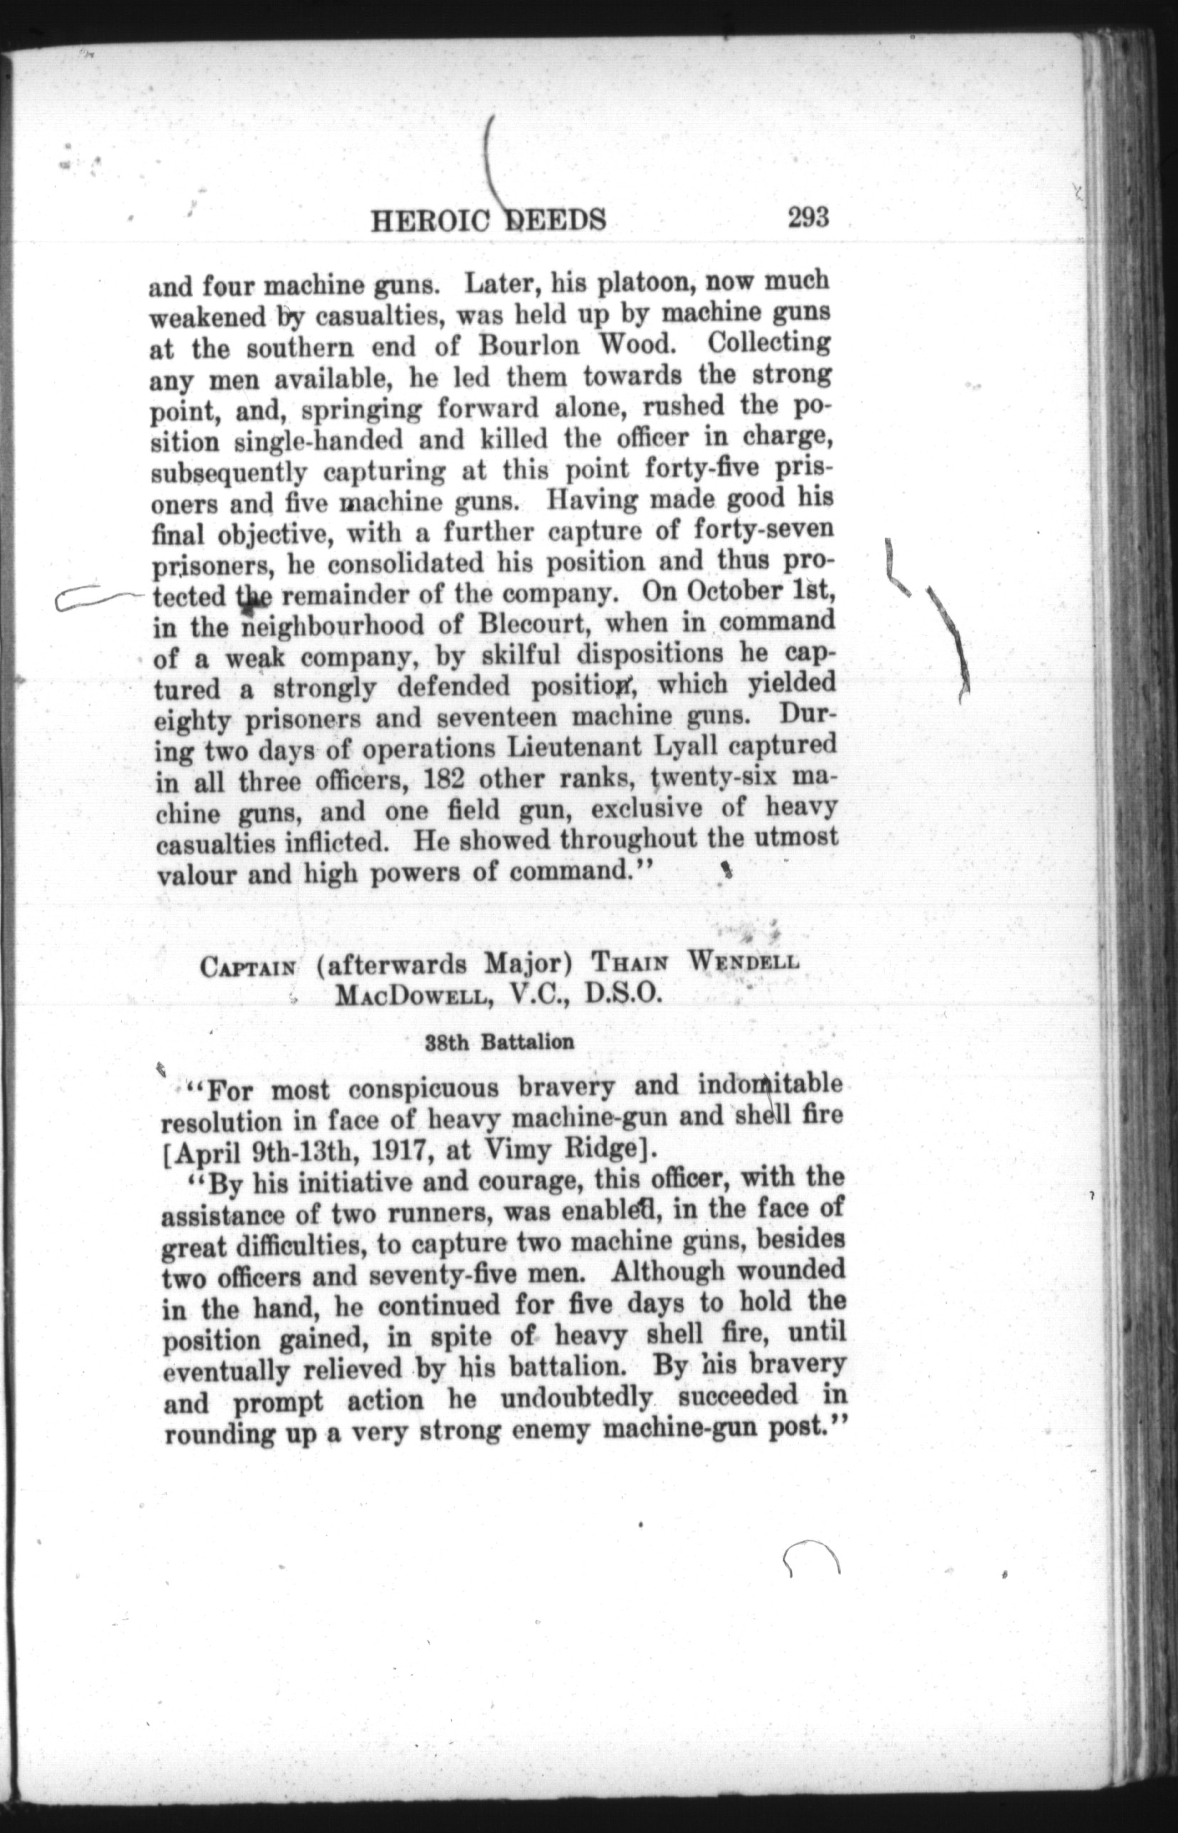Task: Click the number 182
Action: (445, 781)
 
